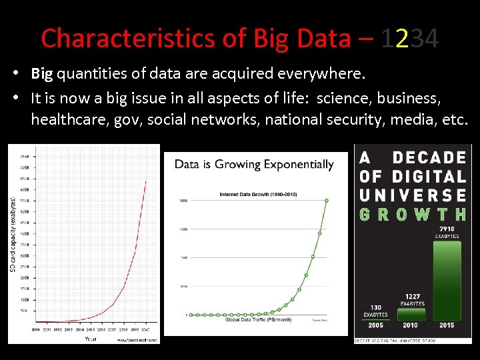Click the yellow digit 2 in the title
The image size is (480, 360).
401,39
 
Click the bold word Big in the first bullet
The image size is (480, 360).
42,73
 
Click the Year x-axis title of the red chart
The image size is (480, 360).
91,339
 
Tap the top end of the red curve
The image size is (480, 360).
147,181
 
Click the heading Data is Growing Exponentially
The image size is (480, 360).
254,164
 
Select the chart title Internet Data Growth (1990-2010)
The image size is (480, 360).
258,195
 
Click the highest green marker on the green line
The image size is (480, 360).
327,200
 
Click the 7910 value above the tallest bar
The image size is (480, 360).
447,229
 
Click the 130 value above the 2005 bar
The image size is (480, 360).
375,307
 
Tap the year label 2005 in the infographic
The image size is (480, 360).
375,325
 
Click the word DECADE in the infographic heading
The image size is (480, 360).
429,158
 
